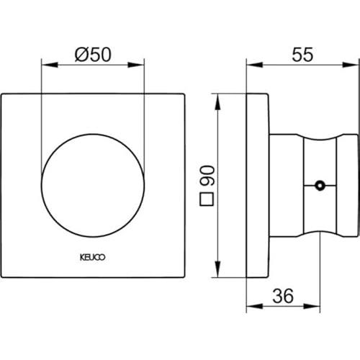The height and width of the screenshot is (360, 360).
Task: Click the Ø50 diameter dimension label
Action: [93, 55]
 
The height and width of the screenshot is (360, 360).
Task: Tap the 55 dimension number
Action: [302, 55]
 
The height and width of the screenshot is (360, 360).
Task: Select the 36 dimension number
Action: [283, 296]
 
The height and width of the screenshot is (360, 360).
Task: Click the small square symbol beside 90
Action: [207, 199]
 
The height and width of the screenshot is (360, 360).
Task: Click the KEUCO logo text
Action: [92, 258]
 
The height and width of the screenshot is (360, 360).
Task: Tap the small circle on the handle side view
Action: [320, 185]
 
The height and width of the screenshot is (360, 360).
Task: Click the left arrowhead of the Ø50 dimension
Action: [50, 65]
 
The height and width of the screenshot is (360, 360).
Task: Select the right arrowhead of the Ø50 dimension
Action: [136, 65]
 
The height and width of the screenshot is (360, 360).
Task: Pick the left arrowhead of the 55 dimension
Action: [255, 65]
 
